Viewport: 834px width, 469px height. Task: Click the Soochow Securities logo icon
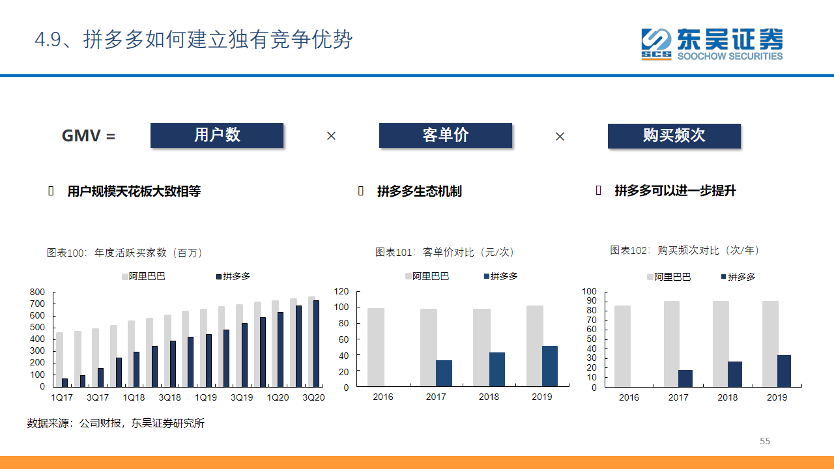coord(656,44)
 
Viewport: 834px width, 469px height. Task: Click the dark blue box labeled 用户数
coord(217,135)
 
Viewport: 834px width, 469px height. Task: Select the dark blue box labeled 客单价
coord(445,135)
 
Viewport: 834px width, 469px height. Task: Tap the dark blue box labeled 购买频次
coord(674,136)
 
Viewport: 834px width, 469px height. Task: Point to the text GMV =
coord(89,135)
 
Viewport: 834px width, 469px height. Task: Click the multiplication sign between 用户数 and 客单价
coord(331,136)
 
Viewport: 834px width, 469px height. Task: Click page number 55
coord(765,441)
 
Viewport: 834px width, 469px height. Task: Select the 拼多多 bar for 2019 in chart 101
coord(549,366)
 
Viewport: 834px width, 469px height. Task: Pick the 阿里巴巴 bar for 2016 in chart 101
coord(376,347)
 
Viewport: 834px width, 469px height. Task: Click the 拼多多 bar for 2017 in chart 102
coord(685,378)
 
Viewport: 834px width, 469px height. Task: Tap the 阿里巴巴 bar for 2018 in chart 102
coord(721,344)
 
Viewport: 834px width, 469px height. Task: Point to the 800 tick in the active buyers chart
coord(37,292)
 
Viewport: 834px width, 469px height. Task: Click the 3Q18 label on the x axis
coord(170,397)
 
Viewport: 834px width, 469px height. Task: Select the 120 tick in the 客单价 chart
coord(341,291)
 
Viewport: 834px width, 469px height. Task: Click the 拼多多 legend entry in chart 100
coord(233,276)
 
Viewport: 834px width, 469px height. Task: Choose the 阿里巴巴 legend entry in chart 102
coord(669,277)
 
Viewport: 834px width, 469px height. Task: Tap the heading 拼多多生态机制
coord(419,192)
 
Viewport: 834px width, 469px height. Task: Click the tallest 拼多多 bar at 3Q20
coord(316,343)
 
